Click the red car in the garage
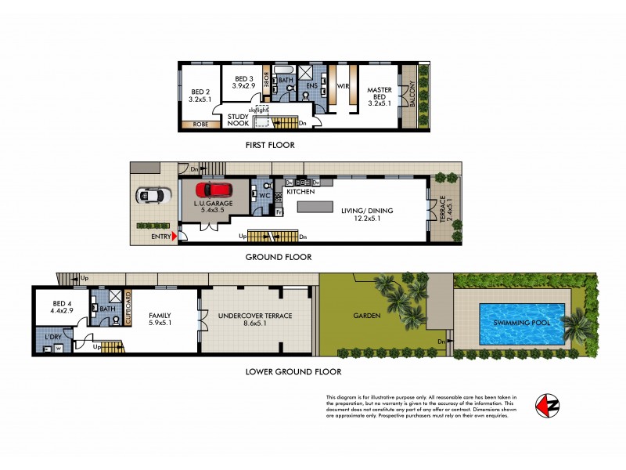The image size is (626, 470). click(x=215, y=190)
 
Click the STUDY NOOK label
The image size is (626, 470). click(x=238, y=121)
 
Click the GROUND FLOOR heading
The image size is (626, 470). click(x=279, y=257)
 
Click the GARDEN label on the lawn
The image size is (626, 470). click(x=365, y=316)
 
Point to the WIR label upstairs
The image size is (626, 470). click(x=342, y=87)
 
